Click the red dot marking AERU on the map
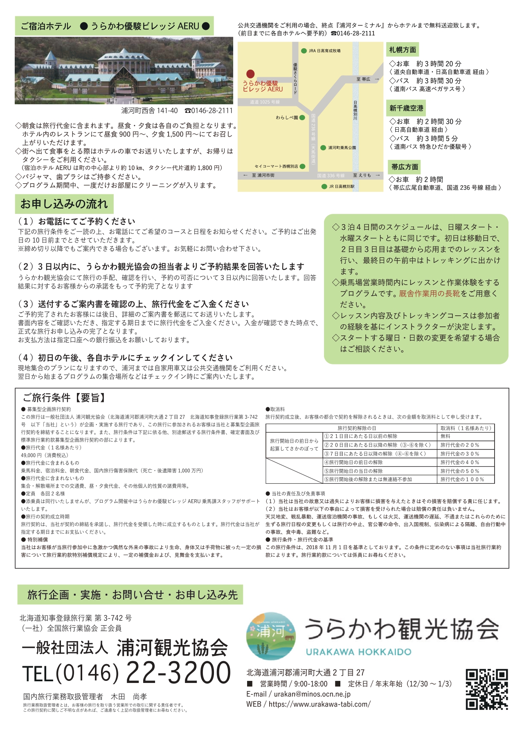point(250,74)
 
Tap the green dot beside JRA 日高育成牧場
point(304,51)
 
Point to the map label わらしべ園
point(287,118)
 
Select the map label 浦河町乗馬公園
point(342,148)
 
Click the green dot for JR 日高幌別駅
point(324,186)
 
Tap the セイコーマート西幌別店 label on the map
point(276,166)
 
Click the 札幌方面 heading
point(403,50)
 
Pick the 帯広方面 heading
point(405,167)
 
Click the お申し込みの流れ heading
point(64,204)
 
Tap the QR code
point(487,689)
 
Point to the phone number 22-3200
point(178,673)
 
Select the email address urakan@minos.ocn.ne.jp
point(312,694)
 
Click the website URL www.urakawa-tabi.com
point(319,704)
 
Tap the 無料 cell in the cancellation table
point(445,436)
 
